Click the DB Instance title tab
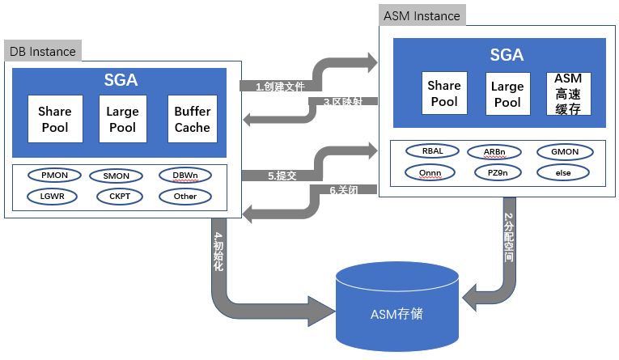[42, 52]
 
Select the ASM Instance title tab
[422, 15]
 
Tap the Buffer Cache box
[193, 120]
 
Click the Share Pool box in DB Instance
[55, 120]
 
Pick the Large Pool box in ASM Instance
[507, 94]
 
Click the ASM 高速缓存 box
[569, 94]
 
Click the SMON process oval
[116, 176]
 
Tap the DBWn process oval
[185, 175]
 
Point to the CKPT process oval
[116, 196]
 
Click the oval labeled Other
[185, 196]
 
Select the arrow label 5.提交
[282, 175]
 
